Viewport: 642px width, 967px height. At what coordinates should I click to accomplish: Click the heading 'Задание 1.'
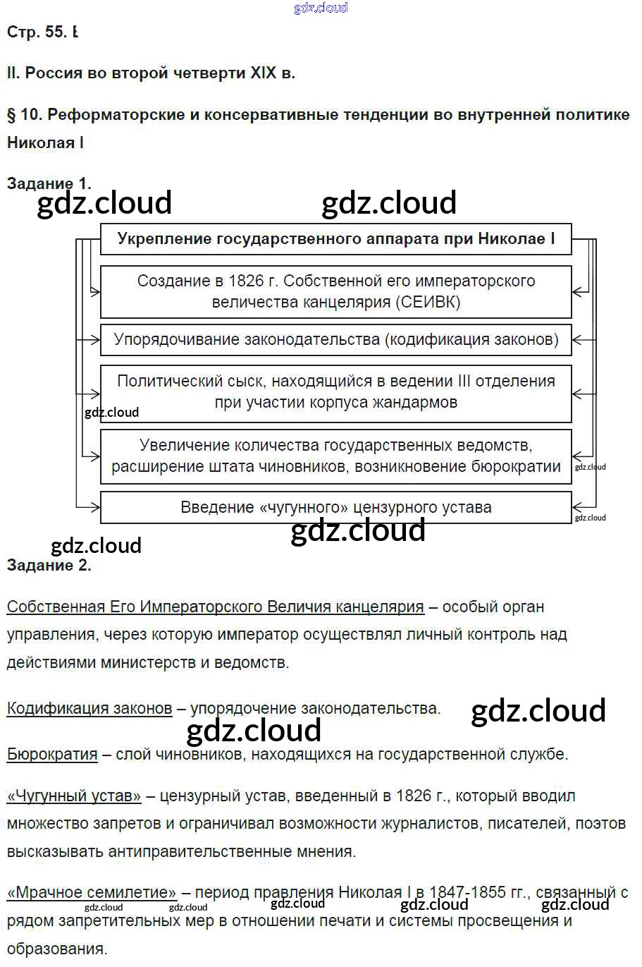[49, 183]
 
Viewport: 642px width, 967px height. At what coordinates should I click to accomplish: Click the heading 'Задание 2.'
[49, 565]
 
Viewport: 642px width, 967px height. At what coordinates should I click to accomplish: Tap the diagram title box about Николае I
[335, 239]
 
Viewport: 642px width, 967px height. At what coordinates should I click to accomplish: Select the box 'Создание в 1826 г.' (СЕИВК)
[335, 291]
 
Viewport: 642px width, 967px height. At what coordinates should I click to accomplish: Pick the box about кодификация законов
[335, 339]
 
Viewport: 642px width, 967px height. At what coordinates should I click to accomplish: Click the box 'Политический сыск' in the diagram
[335, 392]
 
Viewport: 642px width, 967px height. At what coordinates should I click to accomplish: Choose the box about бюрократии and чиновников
[335, 456]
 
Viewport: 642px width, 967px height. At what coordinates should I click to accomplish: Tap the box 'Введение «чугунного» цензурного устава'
[335, 507]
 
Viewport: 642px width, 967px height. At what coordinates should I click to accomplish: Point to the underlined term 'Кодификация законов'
[89, 708]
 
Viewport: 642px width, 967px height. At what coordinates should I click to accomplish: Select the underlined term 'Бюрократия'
[52, 754]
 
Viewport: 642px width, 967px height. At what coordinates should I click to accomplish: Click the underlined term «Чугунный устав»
[74, 796]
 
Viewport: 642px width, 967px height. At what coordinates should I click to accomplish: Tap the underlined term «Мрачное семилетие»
[92, 892]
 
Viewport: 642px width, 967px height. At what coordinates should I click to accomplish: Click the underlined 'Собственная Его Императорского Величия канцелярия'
[215, 607]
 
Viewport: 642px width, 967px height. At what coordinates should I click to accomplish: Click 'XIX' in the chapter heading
[263, 73]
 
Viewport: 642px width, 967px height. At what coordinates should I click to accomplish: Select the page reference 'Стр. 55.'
[37, 32]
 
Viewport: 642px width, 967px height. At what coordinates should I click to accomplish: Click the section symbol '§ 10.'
[25, 114]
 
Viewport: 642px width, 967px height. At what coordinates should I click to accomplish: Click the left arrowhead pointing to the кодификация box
[96, 339]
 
